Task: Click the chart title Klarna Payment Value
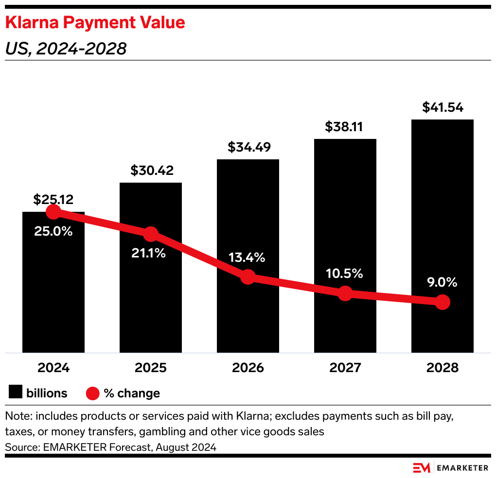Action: pyautogui.click(x=95, y=23)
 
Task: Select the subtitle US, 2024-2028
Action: pyautogui.click(x=66, y=49)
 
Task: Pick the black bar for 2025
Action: pyautogui.click(x=150, y=291)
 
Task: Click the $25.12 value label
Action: pyautogui.click(x=53, y=199)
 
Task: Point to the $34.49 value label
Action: pyautogui.click(x=248, y=147)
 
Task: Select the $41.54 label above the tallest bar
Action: pyautogui.click(x=442, y=107)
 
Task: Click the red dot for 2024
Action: pyautogui.click(x=53, y=212)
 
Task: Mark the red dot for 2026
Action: pyautogui.click(x=248, y=277)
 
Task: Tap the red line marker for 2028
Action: pyautogui.click(x=442, y=302)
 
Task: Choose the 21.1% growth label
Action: pyautogui.click(x=148, y=253)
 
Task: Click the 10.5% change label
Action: pyautogui.click(x=345, y=273)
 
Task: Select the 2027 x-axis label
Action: pyautogui.click(x=345, y=368)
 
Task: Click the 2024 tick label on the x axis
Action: pyautogui.click(x=53, y=368)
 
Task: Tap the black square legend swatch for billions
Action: pyautogui.click(x=16, y=393)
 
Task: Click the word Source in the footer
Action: pyautogui.click(x=19, y=447)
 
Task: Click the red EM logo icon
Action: pyautogui.click(x=422, y=468)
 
